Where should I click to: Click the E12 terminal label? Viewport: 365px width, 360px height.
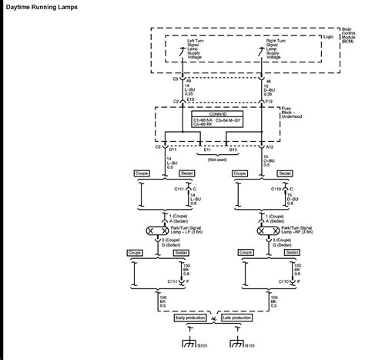[189, 99]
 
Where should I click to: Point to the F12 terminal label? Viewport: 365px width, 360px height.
[268, 99]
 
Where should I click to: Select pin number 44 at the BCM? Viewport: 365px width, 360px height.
[189, 79]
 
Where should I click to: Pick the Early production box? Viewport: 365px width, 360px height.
[191, 318]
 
